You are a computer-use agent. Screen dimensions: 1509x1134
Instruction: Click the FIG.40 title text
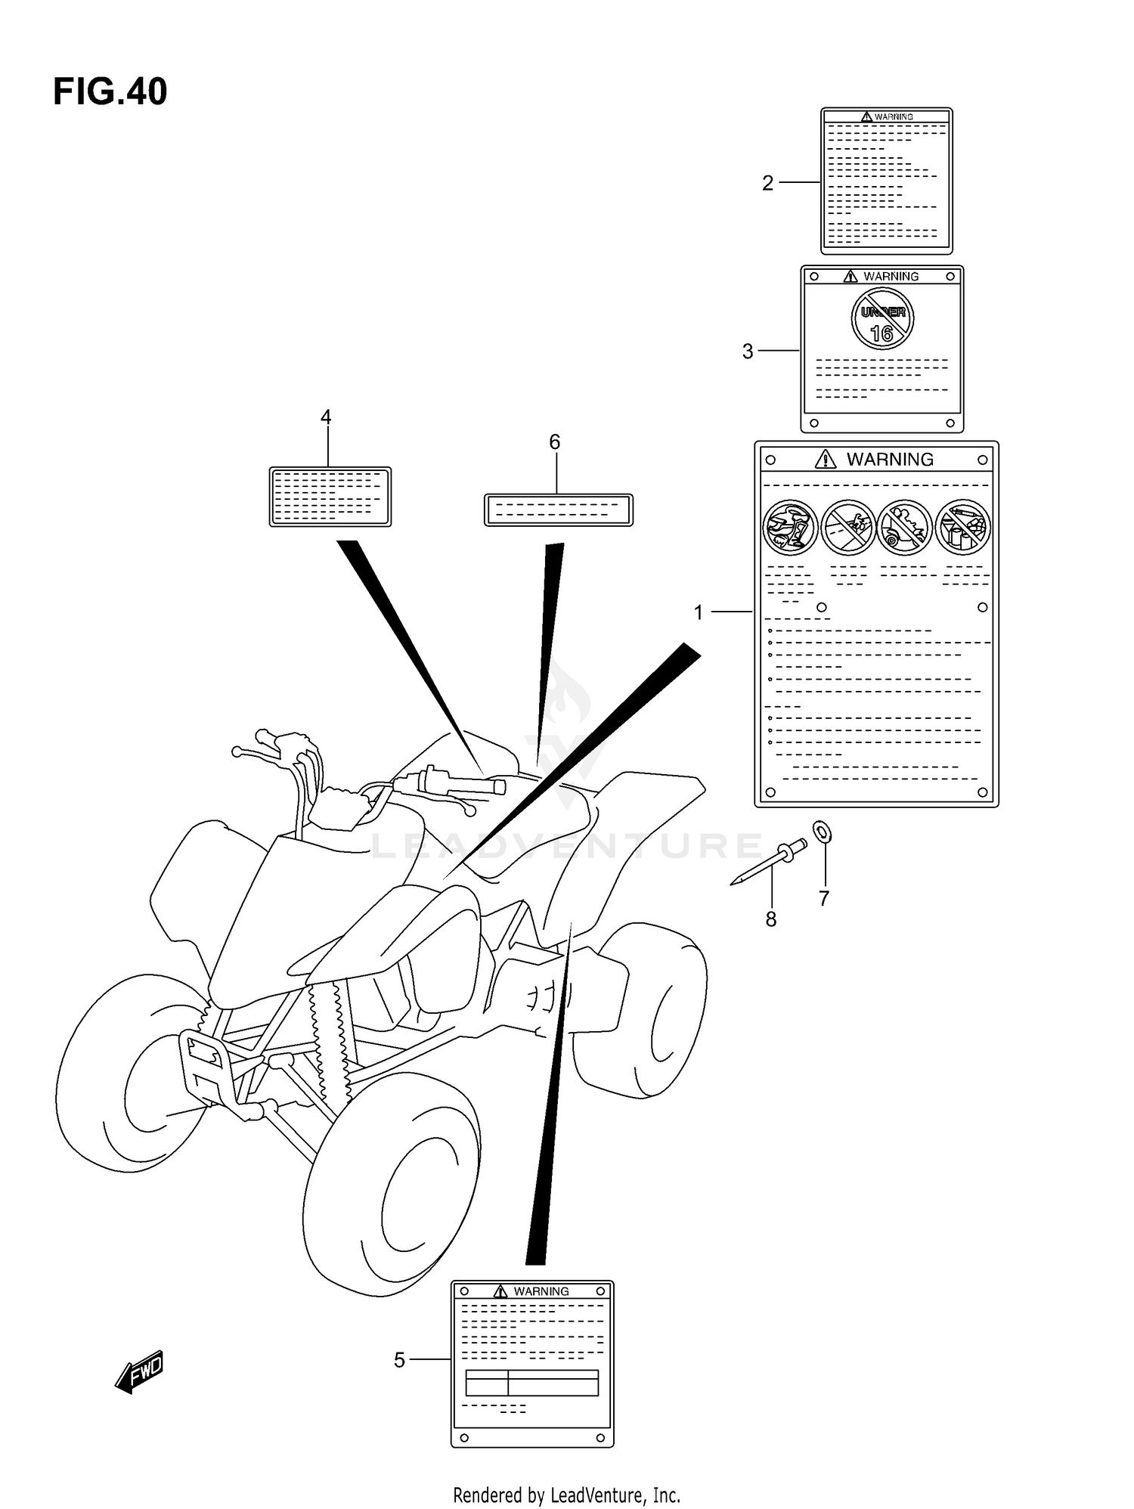tap(110, 92)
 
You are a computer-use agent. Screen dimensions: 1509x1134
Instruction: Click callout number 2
tap(767, 183)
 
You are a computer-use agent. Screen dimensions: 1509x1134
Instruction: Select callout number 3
tap(748, 352)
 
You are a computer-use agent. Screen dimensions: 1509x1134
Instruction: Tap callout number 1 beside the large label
tap(699, 612)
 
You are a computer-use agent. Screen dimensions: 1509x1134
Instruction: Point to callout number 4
tap(326, 417)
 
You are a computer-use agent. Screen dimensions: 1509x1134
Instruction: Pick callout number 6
tap(554, 442)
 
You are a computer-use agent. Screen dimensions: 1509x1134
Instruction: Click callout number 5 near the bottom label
tap(399, 1360)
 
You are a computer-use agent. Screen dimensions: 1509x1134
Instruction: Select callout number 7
tap(824, 898)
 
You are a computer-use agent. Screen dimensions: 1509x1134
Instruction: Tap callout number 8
tap(770, 919)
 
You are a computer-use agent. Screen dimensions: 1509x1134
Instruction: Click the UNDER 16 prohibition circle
tap(882, 320)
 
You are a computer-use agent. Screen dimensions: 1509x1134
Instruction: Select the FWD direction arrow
tap(140, 1371)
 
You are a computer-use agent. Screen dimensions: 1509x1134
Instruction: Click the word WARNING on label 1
tap(889, 460)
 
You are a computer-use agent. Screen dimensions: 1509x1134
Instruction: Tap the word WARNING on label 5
tap(541, 1291)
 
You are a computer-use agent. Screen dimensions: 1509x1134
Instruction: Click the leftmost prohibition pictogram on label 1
tap(790, 527)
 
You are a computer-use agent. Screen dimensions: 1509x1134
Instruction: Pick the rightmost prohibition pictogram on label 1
tap(962, 527)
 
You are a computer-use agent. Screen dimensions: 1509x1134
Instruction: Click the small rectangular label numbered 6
tap(558, 510)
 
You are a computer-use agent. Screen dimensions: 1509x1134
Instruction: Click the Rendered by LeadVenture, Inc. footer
tap(566, 1495)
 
